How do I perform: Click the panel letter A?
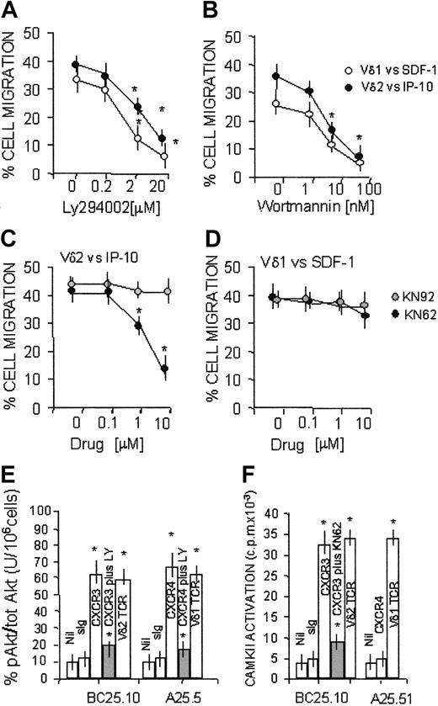coord(11,11)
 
